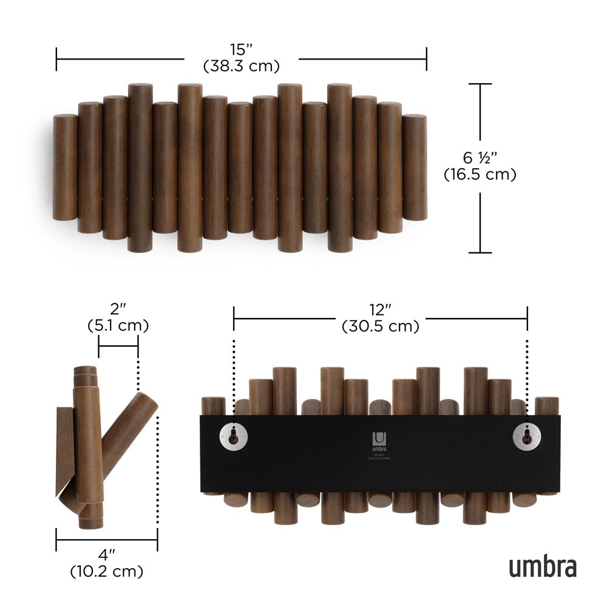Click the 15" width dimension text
tap(241, 49)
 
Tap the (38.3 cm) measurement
tap(241, 64)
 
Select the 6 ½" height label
tap(480, 158)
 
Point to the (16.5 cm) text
tap(480, 175)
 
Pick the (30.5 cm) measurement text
tap(380, 327)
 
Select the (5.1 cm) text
tap(118, 326)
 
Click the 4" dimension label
tap(107, 555)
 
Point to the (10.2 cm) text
tap(107, 571)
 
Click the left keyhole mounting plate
tap(232, 436)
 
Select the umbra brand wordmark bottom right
tap(542, 568)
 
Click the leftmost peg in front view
tap(65, 167)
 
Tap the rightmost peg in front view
tap(415, 167)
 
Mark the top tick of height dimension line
tap(481, 84)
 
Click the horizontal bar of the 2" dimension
tap(118, 347)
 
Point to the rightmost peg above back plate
tap(546, 406)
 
